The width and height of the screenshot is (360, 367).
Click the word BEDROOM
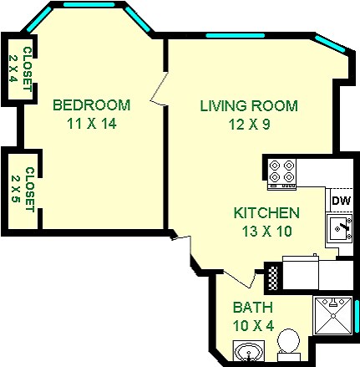pyautogui.click(x=91, y=105)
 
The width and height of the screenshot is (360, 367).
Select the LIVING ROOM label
pyautogui.click(x=248, y=106)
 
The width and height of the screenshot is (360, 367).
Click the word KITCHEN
pyautogui.click(x=266, y=213)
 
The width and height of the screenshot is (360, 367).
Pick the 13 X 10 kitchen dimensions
pyautogui.click(x=266, y=231)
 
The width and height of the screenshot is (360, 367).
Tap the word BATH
pyautogui.click(x=251, y=306)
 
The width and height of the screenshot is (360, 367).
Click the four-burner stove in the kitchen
pyautogui.click(x=282, y=171)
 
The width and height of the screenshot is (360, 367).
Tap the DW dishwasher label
pyautogui.click(x=341, y=200)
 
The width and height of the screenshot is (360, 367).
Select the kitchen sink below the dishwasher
pyautogui.click(x=339, y=227)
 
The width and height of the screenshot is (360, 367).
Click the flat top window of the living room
pyautogui.click(x=231, y=36)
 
